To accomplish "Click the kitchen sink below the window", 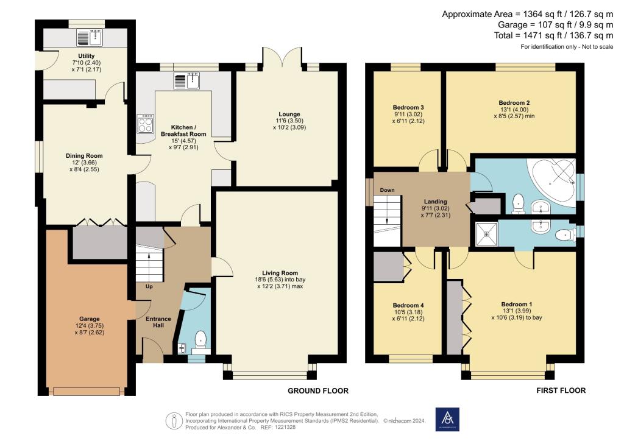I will click(186, 80).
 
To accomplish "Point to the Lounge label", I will click(289, 114).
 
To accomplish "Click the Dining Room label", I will click(84, 156).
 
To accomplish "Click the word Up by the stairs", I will click(149, 286).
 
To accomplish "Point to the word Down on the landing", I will click(388, 190).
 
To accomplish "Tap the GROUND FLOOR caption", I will click(313, 390).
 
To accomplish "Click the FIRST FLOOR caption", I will click(561, 390).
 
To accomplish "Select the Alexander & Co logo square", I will click(446, 418).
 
